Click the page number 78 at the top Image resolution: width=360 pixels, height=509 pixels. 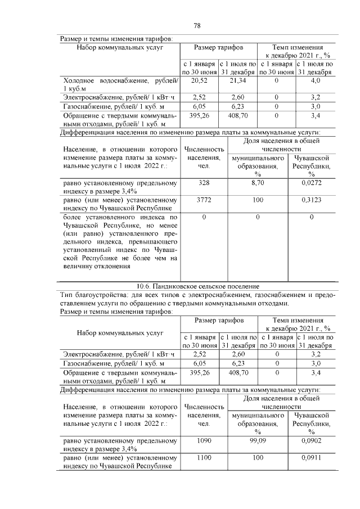click(x=197, y=26)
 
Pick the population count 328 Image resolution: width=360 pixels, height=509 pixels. click(x=204, y=183)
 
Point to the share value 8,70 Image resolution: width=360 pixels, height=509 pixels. click(x=257, y=183)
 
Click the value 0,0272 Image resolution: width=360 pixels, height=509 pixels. click(x=311, y=183)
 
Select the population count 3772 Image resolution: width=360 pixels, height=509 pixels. click(x=204, y=200)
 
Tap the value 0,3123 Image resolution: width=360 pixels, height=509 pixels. click(x=311, y=200)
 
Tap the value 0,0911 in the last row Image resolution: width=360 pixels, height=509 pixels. click(x=311, y=458)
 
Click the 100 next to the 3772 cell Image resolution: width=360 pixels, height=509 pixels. click(x=257, y=200)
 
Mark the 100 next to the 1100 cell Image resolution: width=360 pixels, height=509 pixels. click(x=257, y=458)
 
